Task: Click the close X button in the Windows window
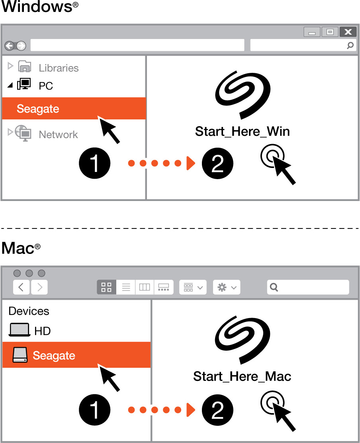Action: [x=348, y=32]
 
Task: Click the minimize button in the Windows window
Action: [x=312, y=32]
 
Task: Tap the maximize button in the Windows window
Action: [x=330, y=32]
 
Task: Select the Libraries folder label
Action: [x=59, y=68]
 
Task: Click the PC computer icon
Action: [x=24, y=85]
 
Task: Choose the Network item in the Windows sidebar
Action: [x=58, y=135]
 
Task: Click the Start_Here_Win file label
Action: [x=242, y=131]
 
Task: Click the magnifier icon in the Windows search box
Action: [x=350, y=45]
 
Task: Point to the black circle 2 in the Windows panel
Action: [x=217, y=163]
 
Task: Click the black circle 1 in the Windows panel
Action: [x=94, y=163]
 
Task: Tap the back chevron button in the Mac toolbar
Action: [x=21, y=287]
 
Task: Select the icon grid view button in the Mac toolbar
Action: [x=106, y=287]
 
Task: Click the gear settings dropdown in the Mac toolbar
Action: [x=227, y=287]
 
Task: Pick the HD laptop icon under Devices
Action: [x=20, y=330]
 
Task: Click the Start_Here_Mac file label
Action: [x=242, y=376]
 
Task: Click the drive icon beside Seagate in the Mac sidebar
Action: [x=20, y=355]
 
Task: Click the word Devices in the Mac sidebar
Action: [x=29, y=311]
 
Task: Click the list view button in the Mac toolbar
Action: [x=126, y=287]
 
